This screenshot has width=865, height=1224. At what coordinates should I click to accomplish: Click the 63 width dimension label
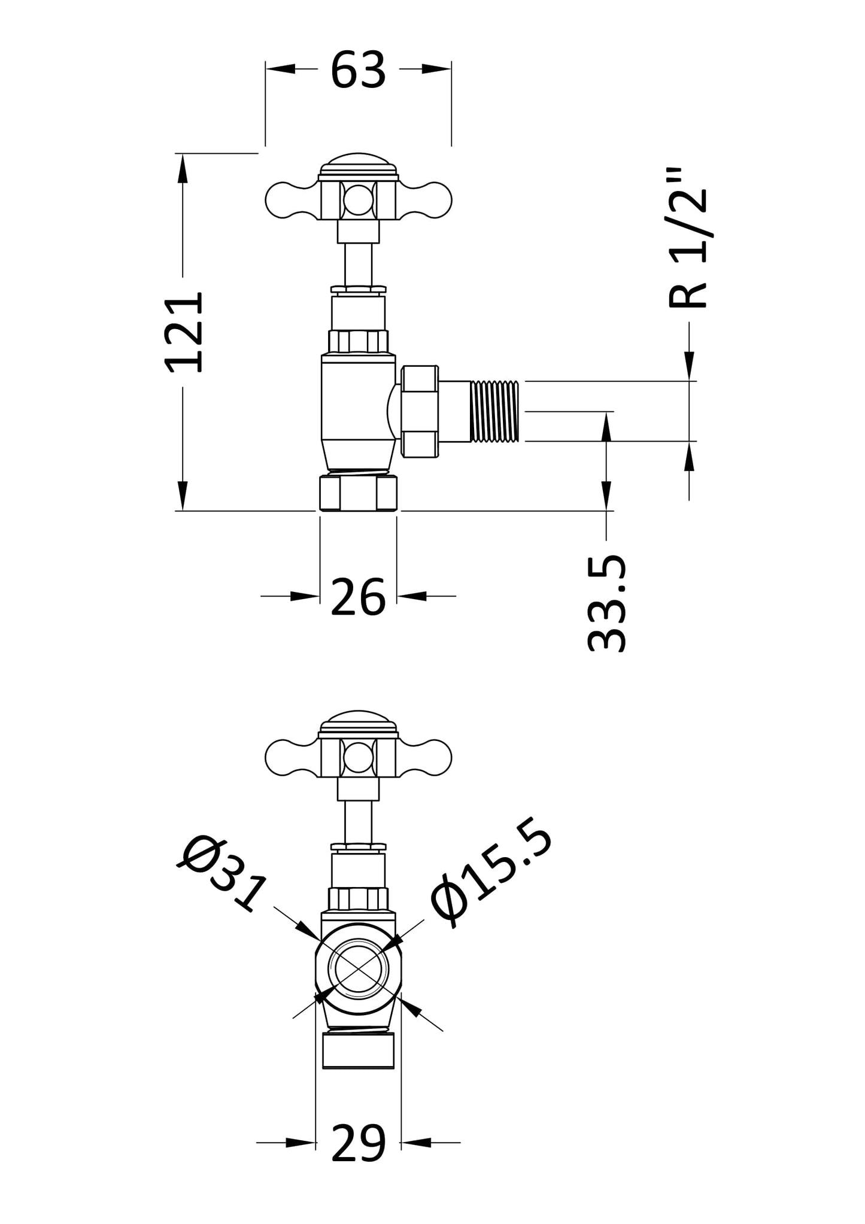click(x=358, y=71)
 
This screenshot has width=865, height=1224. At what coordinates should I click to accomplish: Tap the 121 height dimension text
click(x=184, y=333)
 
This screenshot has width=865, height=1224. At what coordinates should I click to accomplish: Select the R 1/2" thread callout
click(x=688, y=238)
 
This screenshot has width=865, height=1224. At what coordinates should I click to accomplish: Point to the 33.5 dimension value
click(x=607, y=603)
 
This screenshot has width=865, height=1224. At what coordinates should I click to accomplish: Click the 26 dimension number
click(x=358, y=597)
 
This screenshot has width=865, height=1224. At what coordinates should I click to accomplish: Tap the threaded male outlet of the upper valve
click(x=495, y=412)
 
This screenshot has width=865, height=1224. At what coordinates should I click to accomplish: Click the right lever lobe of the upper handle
click(x=426, y=199)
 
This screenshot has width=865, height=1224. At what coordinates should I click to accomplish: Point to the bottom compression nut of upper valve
click(x=358, y=493)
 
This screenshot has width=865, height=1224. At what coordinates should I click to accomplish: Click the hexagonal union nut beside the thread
click(x=420, y=412)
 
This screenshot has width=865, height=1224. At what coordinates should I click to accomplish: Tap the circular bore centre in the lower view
click(x=358, y=971)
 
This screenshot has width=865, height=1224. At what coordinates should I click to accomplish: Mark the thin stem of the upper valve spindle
click(x=358, y=265)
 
